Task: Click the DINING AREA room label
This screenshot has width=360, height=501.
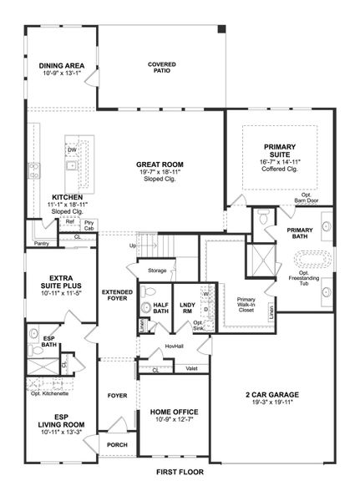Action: pos(61,65)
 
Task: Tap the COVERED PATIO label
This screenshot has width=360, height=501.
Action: pos(162,68)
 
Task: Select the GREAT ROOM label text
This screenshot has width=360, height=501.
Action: pos(160,164)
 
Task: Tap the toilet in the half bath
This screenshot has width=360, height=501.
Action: pos(147,292)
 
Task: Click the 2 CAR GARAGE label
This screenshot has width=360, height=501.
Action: pos(273,395)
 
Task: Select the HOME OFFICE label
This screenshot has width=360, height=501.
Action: pos(174,412)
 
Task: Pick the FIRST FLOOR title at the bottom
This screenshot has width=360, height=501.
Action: pos(180,472)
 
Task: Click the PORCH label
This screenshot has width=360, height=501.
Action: pos(117,444)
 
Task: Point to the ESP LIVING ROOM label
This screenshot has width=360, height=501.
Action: pos(57,422)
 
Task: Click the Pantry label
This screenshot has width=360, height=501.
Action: pos(41,243)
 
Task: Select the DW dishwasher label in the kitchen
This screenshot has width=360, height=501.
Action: pos(73,149)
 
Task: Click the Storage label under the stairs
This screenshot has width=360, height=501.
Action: pos(157,271)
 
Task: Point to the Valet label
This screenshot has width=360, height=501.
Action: pos(191,367)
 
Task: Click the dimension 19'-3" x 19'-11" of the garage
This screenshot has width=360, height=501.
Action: pos(273,404)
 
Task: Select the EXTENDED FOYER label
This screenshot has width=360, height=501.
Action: pos(116,296)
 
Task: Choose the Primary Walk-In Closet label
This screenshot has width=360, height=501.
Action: pos(246,303)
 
